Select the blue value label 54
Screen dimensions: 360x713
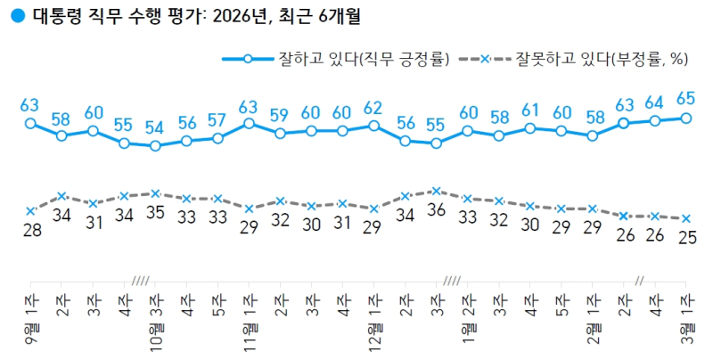click(x=155, y=127)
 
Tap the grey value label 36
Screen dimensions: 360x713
click(x=436, y=210)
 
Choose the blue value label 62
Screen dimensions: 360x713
click(x=373, y=107)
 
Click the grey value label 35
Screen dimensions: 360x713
click(x=155, y=214)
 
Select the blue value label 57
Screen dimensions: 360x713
click(x=217, y=119)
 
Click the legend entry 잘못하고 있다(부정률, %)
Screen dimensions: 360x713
click(x=605, y=59)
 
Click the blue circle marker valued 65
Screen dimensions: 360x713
click(x=685, y=118)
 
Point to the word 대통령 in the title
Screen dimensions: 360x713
click(x=53, y=16)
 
